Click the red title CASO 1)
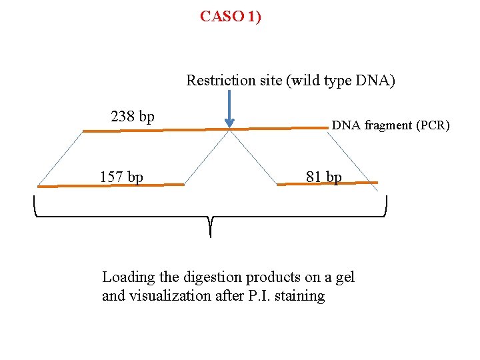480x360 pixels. point(231,17)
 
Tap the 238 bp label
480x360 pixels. point(133,117)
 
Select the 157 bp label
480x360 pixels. point(121,177)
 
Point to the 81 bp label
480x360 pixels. point(323,177)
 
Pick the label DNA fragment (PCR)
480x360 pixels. point(391,125)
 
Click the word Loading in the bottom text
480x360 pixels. point(127,277)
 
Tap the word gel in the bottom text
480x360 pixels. point(345,277)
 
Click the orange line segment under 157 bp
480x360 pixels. point(110,186)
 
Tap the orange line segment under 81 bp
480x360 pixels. point(327,182)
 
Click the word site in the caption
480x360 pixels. point(264,81)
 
